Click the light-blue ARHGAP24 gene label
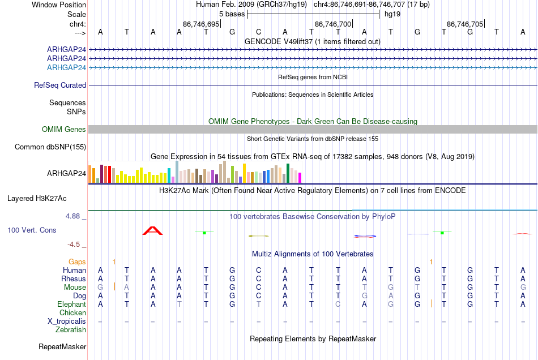point(66,67)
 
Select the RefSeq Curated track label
point(59,85)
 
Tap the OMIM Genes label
point(63,129)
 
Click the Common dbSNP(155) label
point(50,147)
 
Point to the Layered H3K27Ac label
point(37,199)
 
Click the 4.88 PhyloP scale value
point(72,216)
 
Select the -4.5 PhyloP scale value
point(74,244)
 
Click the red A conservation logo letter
point(153,231)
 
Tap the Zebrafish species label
point(71,330)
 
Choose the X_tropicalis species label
point(67,322)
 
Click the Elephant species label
point(71,304)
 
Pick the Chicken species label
point(72,312)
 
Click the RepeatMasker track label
point(62,346)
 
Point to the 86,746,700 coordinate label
point(333,24)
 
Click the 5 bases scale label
point(232,14)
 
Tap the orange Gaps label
point(77,262)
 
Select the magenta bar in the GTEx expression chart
point(300,178)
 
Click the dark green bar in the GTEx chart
point(288,173)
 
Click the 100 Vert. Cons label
point(32,230)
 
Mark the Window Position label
point(59,5)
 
